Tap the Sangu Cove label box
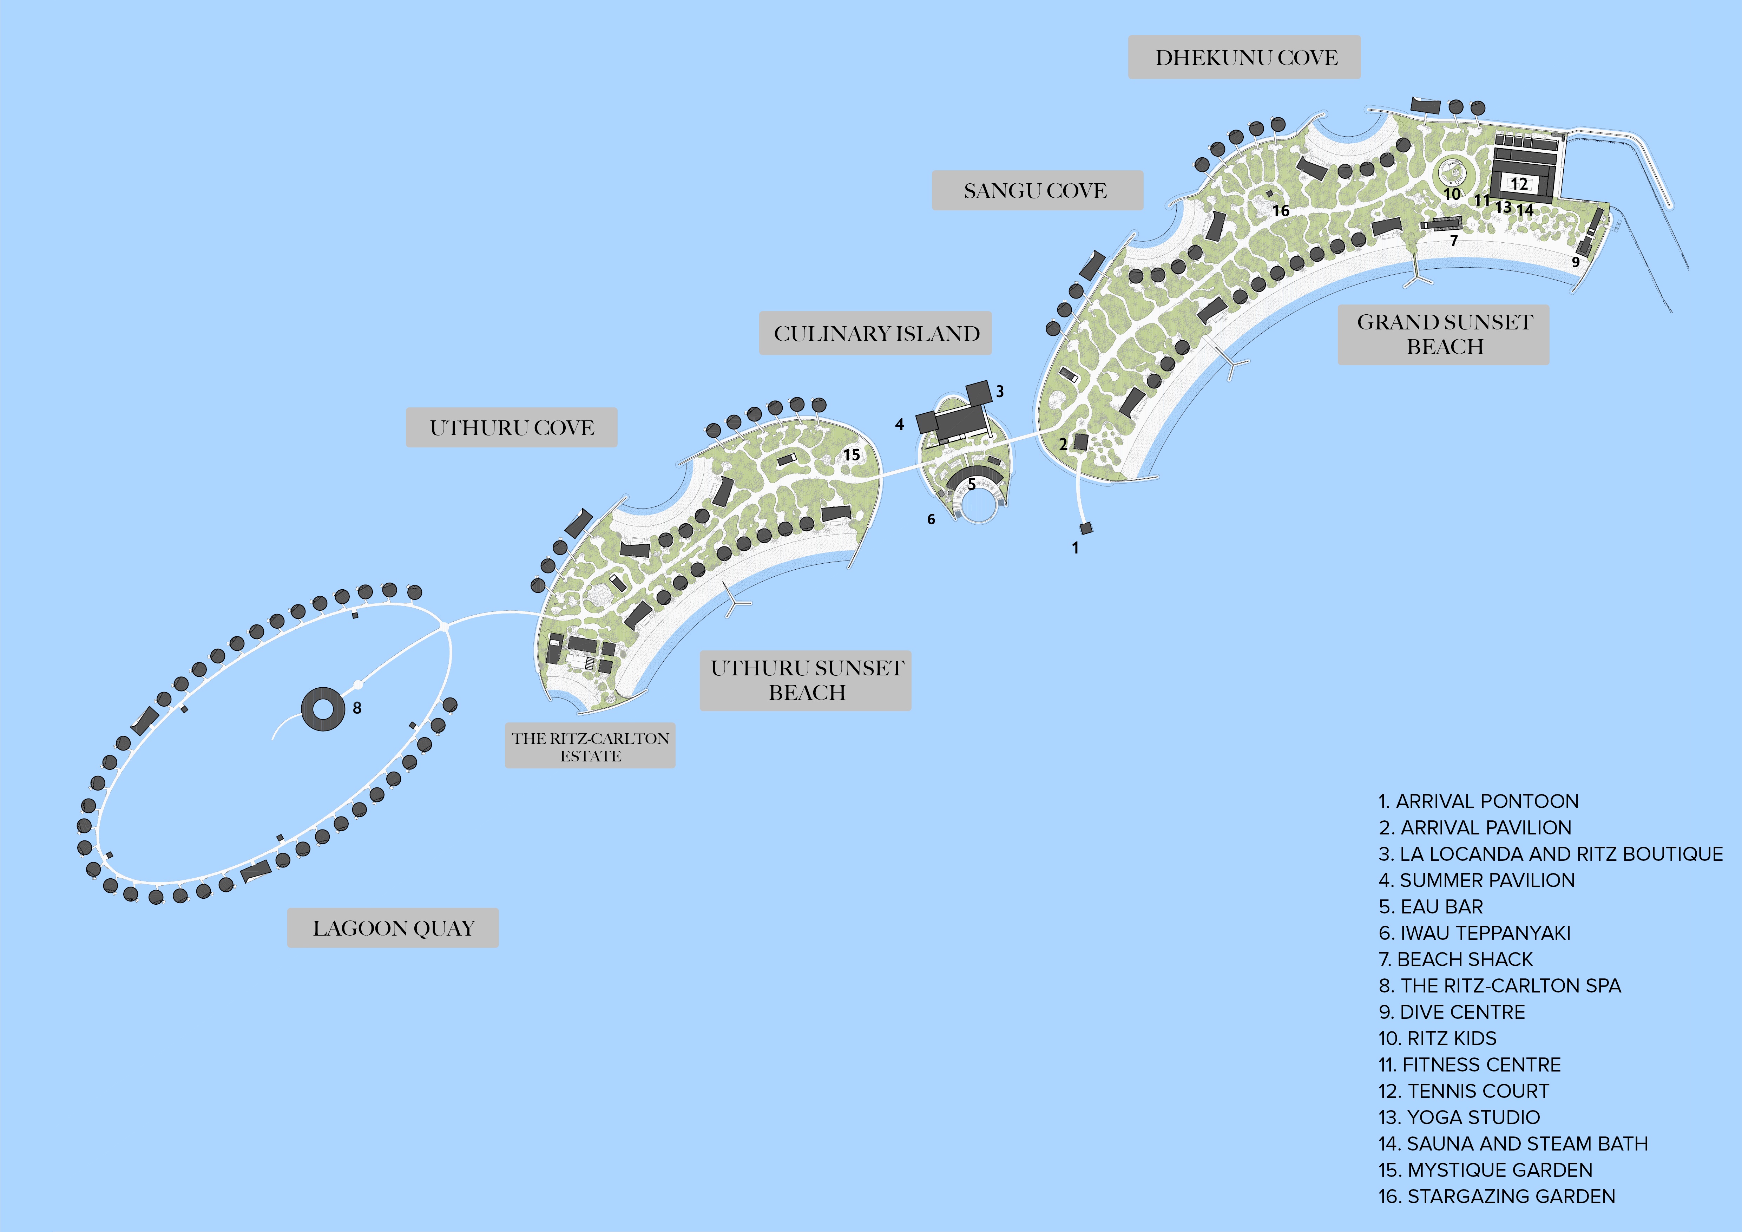[1037, 190]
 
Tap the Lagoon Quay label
[393, 928]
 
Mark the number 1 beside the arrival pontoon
[1075, 548]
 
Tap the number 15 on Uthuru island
[852, 454]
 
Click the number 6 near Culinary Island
[931, 520]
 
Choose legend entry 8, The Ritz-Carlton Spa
[1499, 985]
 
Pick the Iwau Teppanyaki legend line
[1474, 933]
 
